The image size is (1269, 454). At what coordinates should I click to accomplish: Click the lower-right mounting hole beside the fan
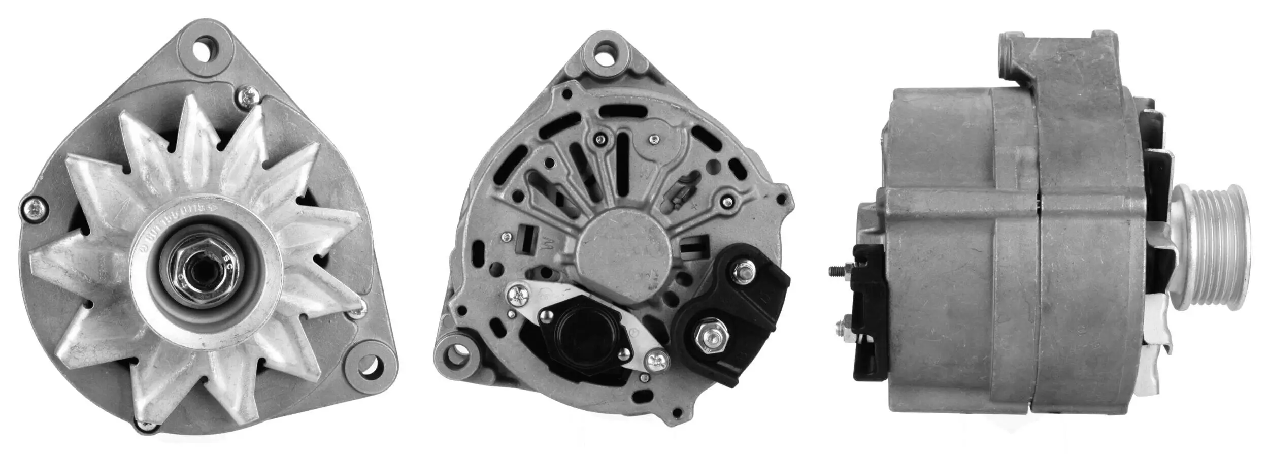[370, 365]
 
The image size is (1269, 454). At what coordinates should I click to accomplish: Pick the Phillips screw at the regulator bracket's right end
[656, 361]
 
